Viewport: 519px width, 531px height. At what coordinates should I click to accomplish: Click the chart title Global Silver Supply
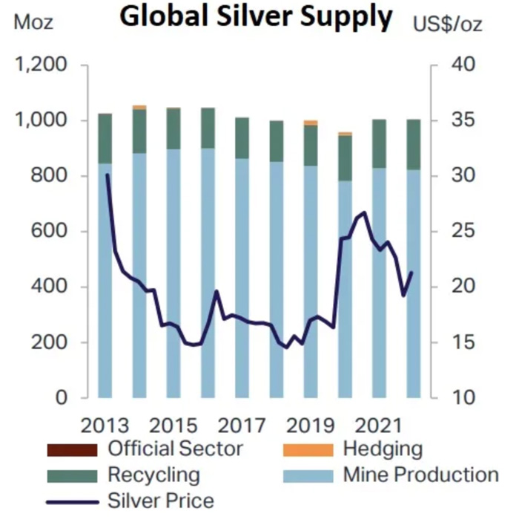[256, 18]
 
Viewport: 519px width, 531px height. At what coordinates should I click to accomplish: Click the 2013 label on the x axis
[105, 426]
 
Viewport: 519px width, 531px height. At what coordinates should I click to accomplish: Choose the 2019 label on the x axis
[310, 426]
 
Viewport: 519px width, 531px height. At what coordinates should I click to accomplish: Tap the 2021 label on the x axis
[378, 426]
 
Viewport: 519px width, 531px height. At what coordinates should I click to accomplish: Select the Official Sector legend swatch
[72, 449]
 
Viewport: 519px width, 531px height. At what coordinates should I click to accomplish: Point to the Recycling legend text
[153, 475]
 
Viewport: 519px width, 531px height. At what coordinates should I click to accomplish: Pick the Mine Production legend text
[420, 475]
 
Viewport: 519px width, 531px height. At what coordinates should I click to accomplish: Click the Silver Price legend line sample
[72, 501]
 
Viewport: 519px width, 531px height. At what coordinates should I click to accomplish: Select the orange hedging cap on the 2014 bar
[139, 107]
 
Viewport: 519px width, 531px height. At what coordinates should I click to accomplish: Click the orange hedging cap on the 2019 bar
[311, 123]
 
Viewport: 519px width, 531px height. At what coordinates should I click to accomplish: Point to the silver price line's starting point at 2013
[108, 175]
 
